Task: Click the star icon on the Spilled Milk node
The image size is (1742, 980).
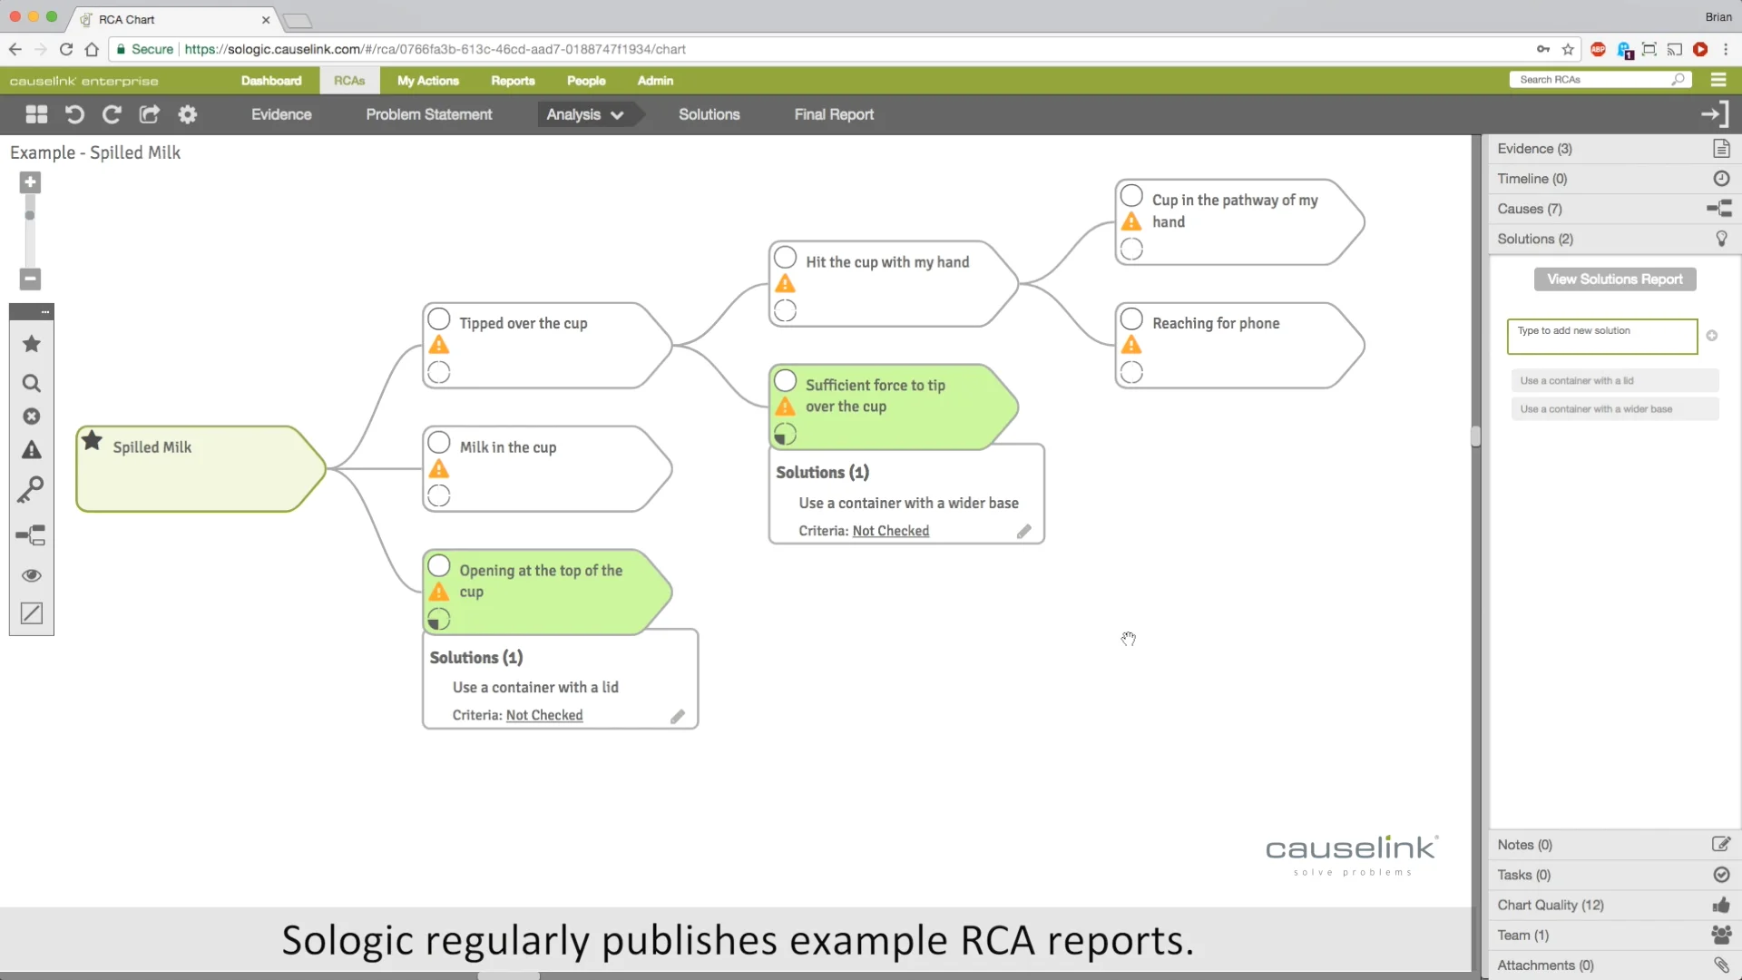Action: point(92,441)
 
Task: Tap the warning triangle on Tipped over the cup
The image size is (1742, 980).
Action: point(439,345)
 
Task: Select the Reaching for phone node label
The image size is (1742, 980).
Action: point(1216,323)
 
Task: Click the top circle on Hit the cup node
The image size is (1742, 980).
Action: point(786,258)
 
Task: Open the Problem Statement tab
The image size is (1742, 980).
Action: point(429,114)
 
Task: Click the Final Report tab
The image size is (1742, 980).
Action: point(834,114)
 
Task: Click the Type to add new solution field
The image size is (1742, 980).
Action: point(1601,336)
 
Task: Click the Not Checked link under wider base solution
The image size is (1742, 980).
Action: point(890,531)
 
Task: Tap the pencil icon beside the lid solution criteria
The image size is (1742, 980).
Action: point(678,716)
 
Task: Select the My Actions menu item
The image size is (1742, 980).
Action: point(428,81)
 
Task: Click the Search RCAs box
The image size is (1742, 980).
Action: point(1594,80)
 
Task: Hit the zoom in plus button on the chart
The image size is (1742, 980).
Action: point(30,182)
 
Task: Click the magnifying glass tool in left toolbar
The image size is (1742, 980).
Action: point(32,383)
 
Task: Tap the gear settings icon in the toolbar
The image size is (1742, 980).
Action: point(187,114)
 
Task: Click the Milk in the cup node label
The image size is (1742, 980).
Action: point(508,447)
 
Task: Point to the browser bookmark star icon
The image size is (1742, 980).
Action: point(1568,49)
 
